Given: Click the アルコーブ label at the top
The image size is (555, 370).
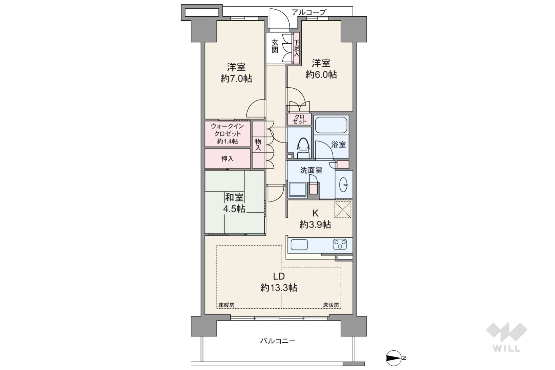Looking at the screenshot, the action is [x=308, y=12].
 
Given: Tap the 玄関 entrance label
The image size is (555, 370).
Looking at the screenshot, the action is [x=275, y=46].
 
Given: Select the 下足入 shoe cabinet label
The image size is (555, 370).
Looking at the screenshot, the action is [x=297, y=48].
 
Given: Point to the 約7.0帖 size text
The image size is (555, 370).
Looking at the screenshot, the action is [x=236, y=79].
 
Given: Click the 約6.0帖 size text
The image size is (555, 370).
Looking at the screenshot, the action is [x=321, y=74].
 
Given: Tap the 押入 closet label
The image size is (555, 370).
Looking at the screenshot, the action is [x=227, y=159].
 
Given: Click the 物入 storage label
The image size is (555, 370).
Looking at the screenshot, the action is [x=258, y=145].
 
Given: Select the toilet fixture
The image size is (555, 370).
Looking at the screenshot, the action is [x=303, y=148].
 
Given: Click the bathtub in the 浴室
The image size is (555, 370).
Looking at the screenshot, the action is [x=331, y=125].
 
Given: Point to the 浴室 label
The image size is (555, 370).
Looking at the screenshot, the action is [x=338, y=145].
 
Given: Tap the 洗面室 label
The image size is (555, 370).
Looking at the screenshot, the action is [x=311, y=170].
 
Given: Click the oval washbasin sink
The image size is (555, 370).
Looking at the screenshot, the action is [x=344, y=184].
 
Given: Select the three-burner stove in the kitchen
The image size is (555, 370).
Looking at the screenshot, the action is [x=340, y=244].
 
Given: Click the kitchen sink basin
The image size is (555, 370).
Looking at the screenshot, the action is [x=299, y=245].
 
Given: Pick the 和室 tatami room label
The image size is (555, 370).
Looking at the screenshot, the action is [x=234, y=198].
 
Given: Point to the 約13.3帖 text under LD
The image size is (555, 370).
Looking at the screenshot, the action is [x=279, y=288].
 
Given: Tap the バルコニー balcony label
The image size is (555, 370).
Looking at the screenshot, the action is [x=278, y=341].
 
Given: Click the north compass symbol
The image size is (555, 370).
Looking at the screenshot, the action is [x=394, y=358].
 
